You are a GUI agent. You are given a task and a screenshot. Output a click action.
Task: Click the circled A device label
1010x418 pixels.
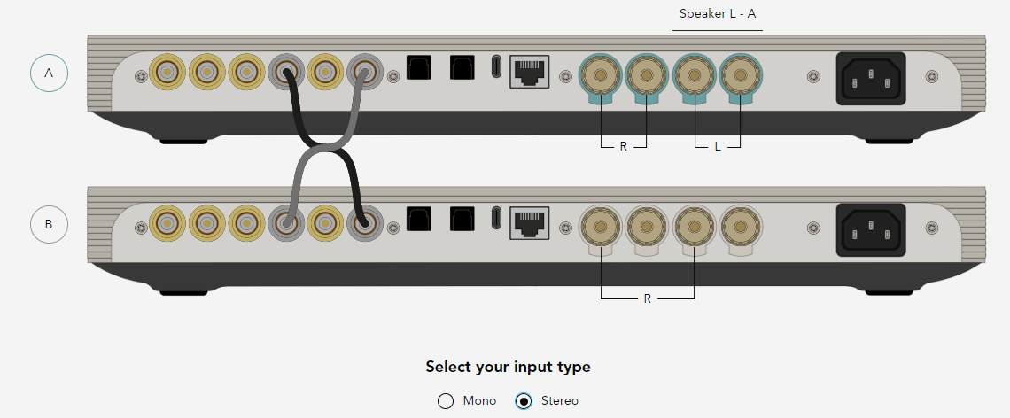[49, 73]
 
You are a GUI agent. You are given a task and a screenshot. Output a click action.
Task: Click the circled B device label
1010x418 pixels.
[49, 225]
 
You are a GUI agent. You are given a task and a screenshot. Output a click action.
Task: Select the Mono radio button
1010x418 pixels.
[445, 401]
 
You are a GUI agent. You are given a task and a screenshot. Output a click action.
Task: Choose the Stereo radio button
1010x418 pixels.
[524, 401]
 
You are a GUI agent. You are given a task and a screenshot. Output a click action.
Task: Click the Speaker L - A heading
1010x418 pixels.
[718, 13]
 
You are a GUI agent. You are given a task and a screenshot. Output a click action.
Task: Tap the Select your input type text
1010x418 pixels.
[508, 368]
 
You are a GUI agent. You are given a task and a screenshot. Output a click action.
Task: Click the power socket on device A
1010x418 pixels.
[870, 79]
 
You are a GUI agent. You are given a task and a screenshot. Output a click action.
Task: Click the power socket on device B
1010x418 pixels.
[870, 230]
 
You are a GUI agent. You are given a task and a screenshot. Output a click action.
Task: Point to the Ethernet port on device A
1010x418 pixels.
[530, 72]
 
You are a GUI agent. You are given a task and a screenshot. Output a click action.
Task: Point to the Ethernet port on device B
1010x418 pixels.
[530, 223]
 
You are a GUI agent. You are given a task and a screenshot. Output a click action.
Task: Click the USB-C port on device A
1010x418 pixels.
[496, 67]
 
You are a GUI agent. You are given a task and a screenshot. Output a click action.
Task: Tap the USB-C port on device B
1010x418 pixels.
[496, 219]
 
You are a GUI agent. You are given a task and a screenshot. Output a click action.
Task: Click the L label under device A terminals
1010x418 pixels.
[718, 147]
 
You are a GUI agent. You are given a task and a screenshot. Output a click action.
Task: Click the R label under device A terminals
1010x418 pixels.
[623, 147]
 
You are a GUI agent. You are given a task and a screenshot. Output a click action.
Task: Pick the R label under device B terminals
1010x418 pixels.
[648, 298]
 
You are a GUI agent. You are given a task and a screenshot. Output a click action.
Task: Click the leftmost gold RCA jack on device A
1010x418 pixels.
[167, 72]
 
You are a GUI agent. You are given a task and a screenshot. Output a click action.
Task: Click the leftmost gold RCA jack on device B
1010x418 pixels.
[167, 223]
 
